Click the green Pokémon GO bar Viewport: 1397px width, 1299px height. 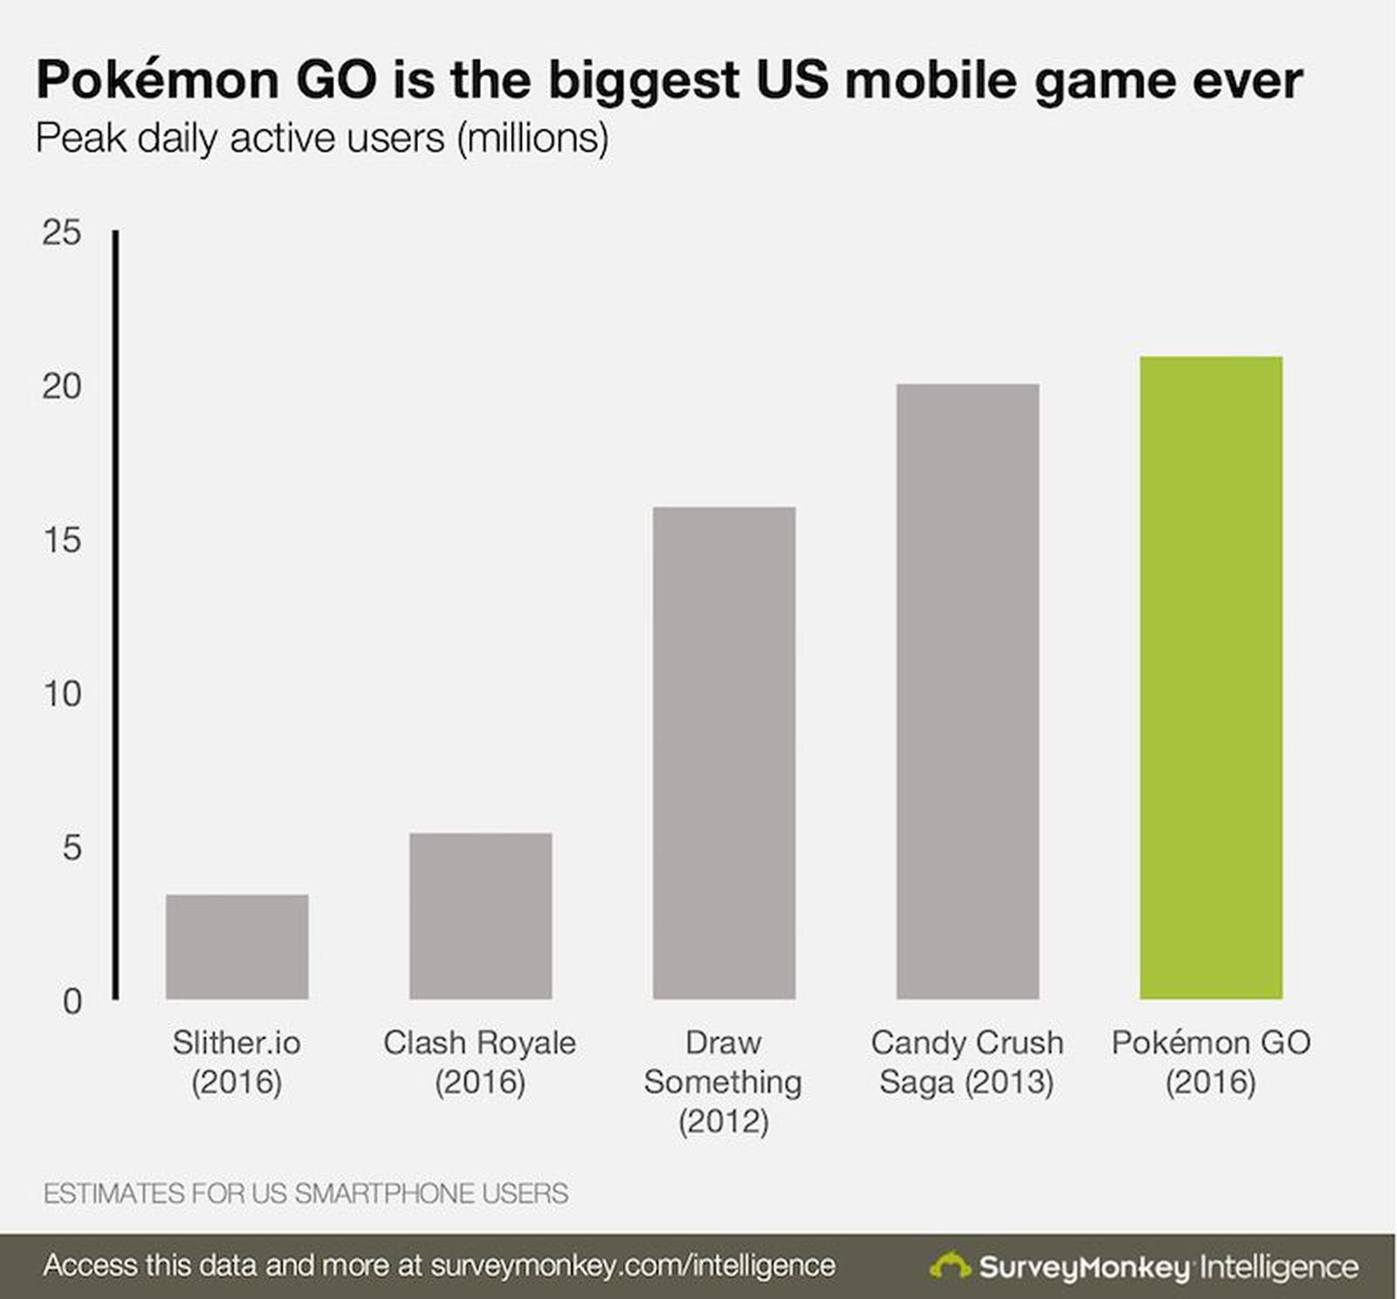tap(1210, 677)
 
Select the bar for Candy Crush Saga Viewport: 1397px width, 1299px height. tap(967, 691)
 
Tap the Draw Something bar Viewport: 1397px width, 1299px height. tap(724, 753)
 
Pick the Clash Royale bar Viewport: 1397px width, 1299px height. tap(480, 916)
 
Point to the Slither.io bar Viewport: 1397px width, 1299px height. tap(237, 946)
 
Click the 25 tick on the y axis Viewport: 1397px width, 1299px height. tap(61, 233)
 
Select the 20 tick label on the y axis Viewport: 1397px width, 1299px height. tap(61, 387)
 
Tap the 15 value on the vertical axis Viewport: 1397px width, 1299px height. tap(61, 540)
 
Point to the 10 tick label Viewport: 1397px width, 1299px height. tap(61, 694)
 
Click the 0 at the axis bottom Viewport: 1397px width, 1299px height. tap(72, 1001)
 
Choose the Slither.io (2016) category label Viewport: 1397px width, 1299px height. tap(237, 1062)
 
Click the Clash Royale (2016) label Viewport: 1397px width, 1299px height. tap(479, 1062)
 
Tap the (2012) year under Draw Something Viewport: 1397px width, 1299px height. tap(723, 1121)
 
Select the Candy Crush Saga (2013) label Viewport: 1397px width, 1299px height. tap(967, 1062)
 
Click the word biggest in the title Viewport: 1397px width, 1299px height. tap(643, 80)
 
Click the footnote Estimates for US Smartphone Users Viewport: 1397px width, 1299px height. tap(306, 1193)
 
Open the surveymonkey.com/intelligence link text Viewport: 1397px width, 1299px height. tap(633, 1265)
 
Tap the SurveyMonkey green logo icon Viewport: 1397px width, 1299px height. tap(950, 1266)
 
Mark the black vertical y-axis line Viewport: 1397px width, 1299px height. tap(115, 611)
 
